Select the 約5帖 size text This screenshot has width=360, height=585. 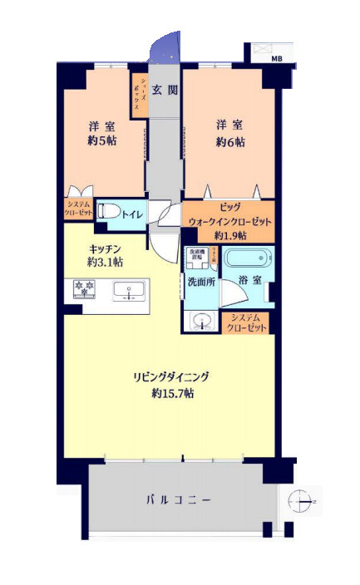102,142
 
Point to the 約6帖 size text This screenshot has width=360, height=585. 231,142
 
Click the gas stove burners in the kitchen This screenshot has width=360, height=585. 85,290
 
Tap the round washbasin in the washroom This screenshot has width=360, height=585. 200,321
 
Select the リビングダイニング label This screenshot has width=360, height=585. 171,376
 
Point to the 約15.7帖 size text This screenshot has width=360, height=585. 172,393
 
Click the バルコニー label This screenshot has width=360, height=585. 179,499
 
